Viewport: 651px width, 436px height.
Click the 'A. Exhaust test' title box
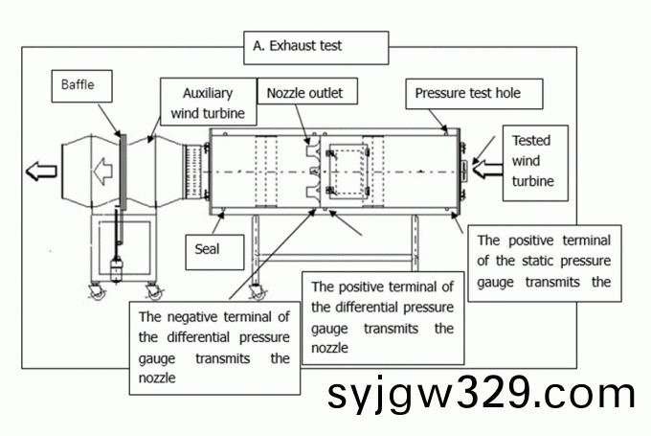coord(317,45)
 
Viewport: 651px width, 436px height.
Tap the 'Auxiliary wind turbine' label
coord(208,103)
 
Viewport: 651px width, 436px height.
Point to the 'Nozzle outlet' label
coord(304,93)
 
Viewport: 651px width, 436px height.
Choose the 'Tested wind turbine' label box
coord(536,161)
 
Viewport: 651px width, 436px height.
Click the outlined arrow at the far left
coord(41,172)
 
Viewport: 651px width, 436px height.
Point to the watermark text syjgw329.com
coord(481,394)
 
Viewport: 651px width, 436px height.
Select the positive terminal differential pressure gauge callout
coord(382,317)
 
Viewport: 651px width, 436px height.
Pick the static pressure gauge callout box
coord(543,261)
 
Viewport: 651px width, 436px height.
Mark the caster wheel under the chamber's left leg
coord(256,291)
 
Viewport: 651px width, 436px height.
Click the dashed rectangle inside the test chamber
coord(348,171)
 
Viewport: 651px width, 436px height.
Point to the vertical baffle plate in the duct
coord(123,172)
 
